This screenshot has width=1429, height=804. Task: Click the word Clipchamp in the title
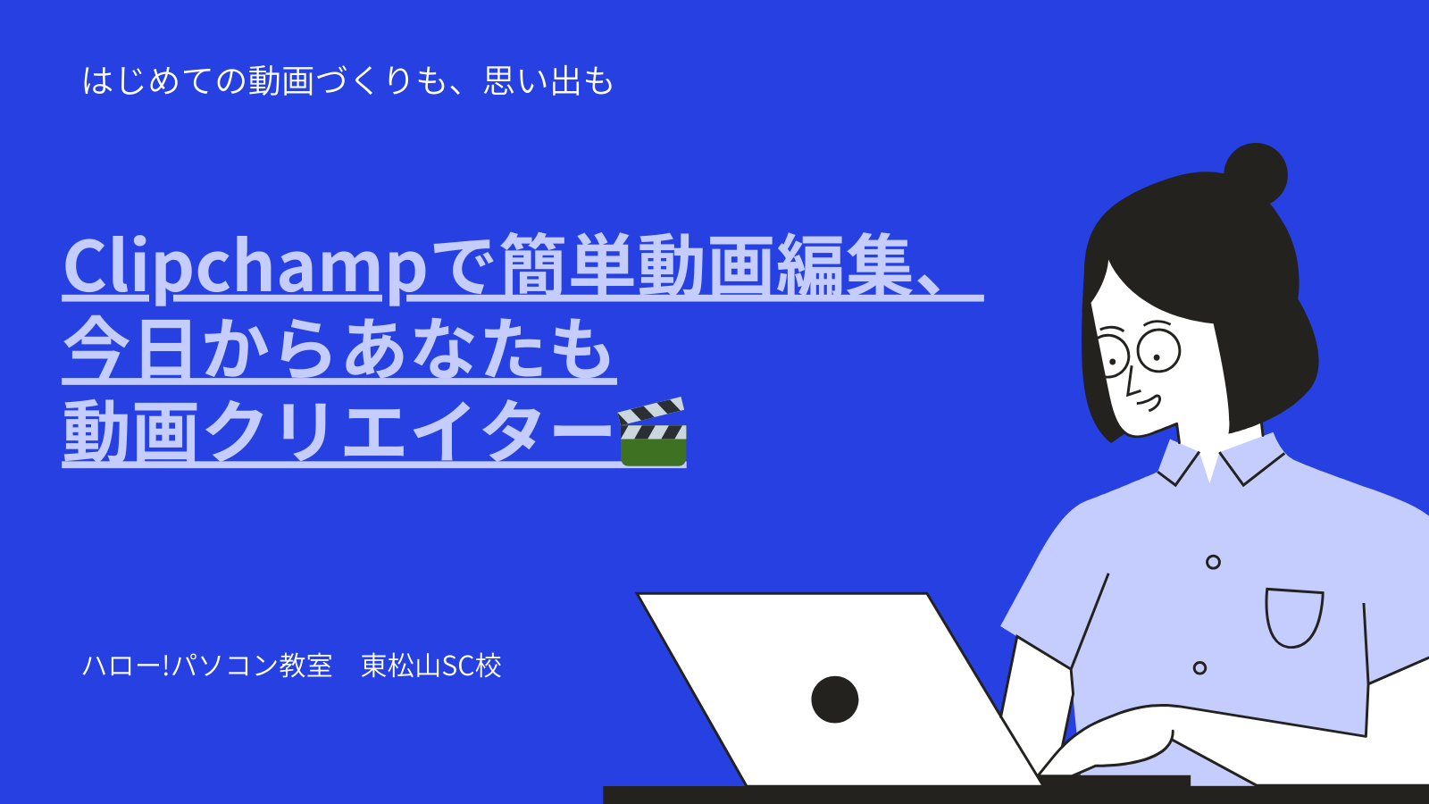coord(245,268)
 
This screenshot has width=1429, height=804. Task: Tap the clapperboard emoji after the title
coord(651,432)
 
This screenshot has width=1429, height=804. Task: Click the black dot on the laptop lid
coord(834,699)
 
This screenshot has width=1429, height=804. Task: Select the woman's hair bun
coord(1256,172)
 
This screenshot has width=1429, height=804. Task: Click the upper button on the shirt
coord(1214,562)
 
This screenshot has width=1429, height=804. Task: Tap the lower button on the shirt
coord(1199,668)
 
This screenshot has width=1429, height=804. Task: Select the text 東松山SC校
coord(431,666)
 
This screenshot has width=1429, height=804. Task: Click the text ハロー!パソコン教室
coord(208,666)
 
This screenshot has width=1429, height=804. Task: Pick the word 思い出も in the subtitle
coord(548,81)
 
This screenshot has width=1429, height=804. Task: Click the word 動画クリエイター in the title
coord(338,432)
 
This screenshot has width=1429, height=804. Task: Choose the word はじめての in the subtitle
coord(164,81)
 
